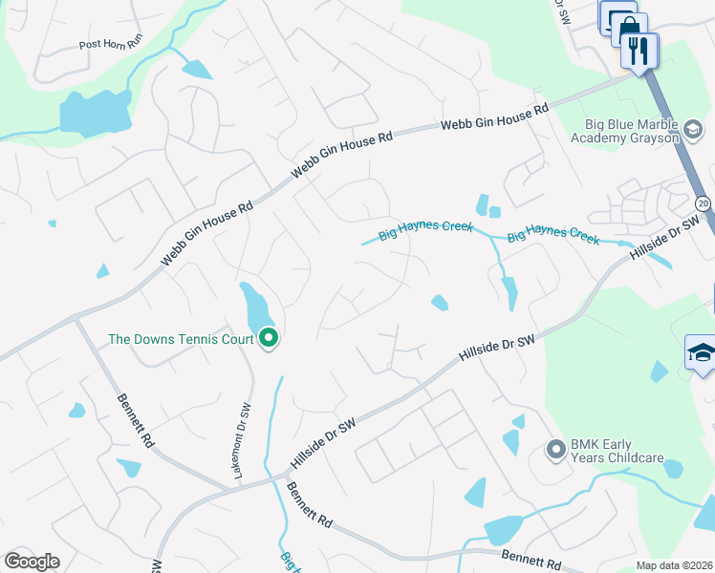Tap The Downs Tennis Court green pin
[x=269, y=338]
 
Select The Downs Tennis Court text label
[x=181, y=339]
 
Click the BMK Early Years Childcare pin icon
[x=555, y=448]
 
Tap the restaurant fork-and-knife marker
[x=639, y=50]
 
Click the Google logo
[x=32, y=562]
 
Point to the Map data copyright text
[x=675, y=565]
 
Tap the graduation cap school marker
[x=701, y=352]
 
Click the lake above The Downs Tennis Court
[x=256, y=306]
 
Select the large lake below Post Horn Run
[x=95, y=114]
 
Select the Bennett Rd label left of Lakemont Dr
[x=136, y=421]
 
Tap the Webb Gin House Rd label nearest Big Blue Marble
[x=494, y=118]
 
